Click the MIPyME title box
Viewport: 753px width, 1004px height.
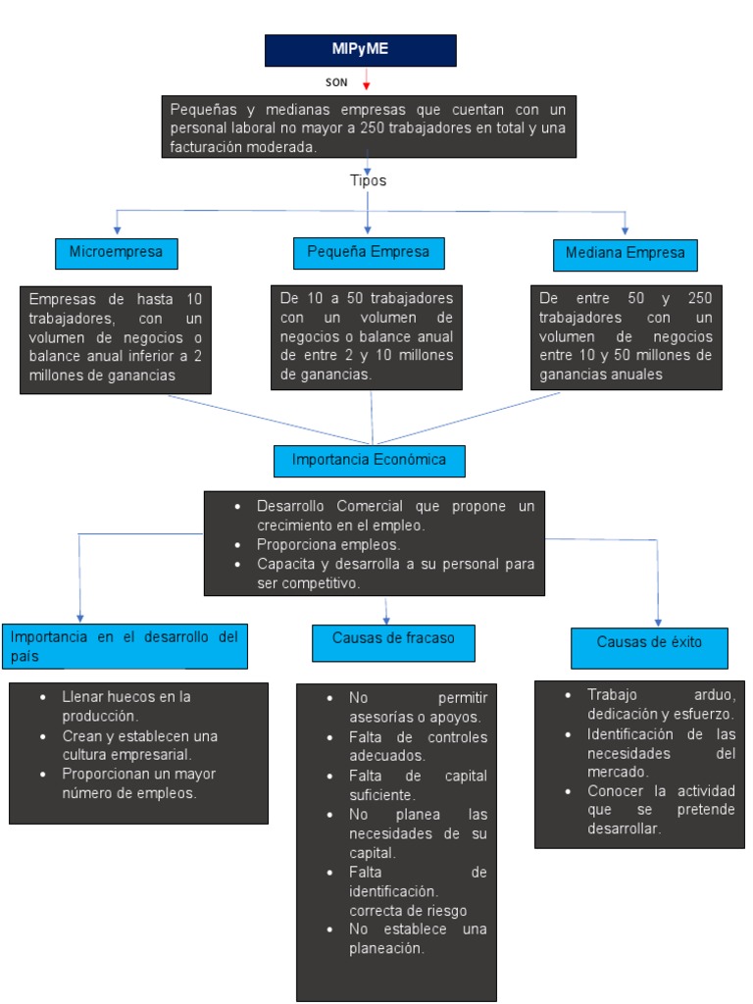pyautogui.click(x=360, y=50)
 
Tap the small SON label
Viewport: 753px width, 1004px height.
pyautogui.click(x=336, y=82)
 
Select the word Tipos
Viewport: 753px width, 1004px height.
pyautogui.click(x=368, y=180)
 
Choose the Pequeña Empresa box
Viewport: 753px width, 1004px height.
pyautogui.click(x=368, y=253)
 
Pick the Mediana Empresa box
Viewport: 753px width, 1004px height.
pyautogui.click(x=625, y=254)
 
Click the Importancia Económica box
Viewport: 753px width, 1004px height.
pyautogui.click(x=369, y=460)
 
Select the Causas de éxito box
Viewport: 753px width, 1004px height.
pyautogui.click(x=649, y=642)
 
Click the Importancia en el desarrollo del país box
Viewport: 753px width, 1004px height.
pyautogui.click(x=124, y=645)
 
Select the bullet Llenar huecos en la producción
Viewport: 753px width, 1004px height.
pyautogui.click(x=125, y=706)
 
